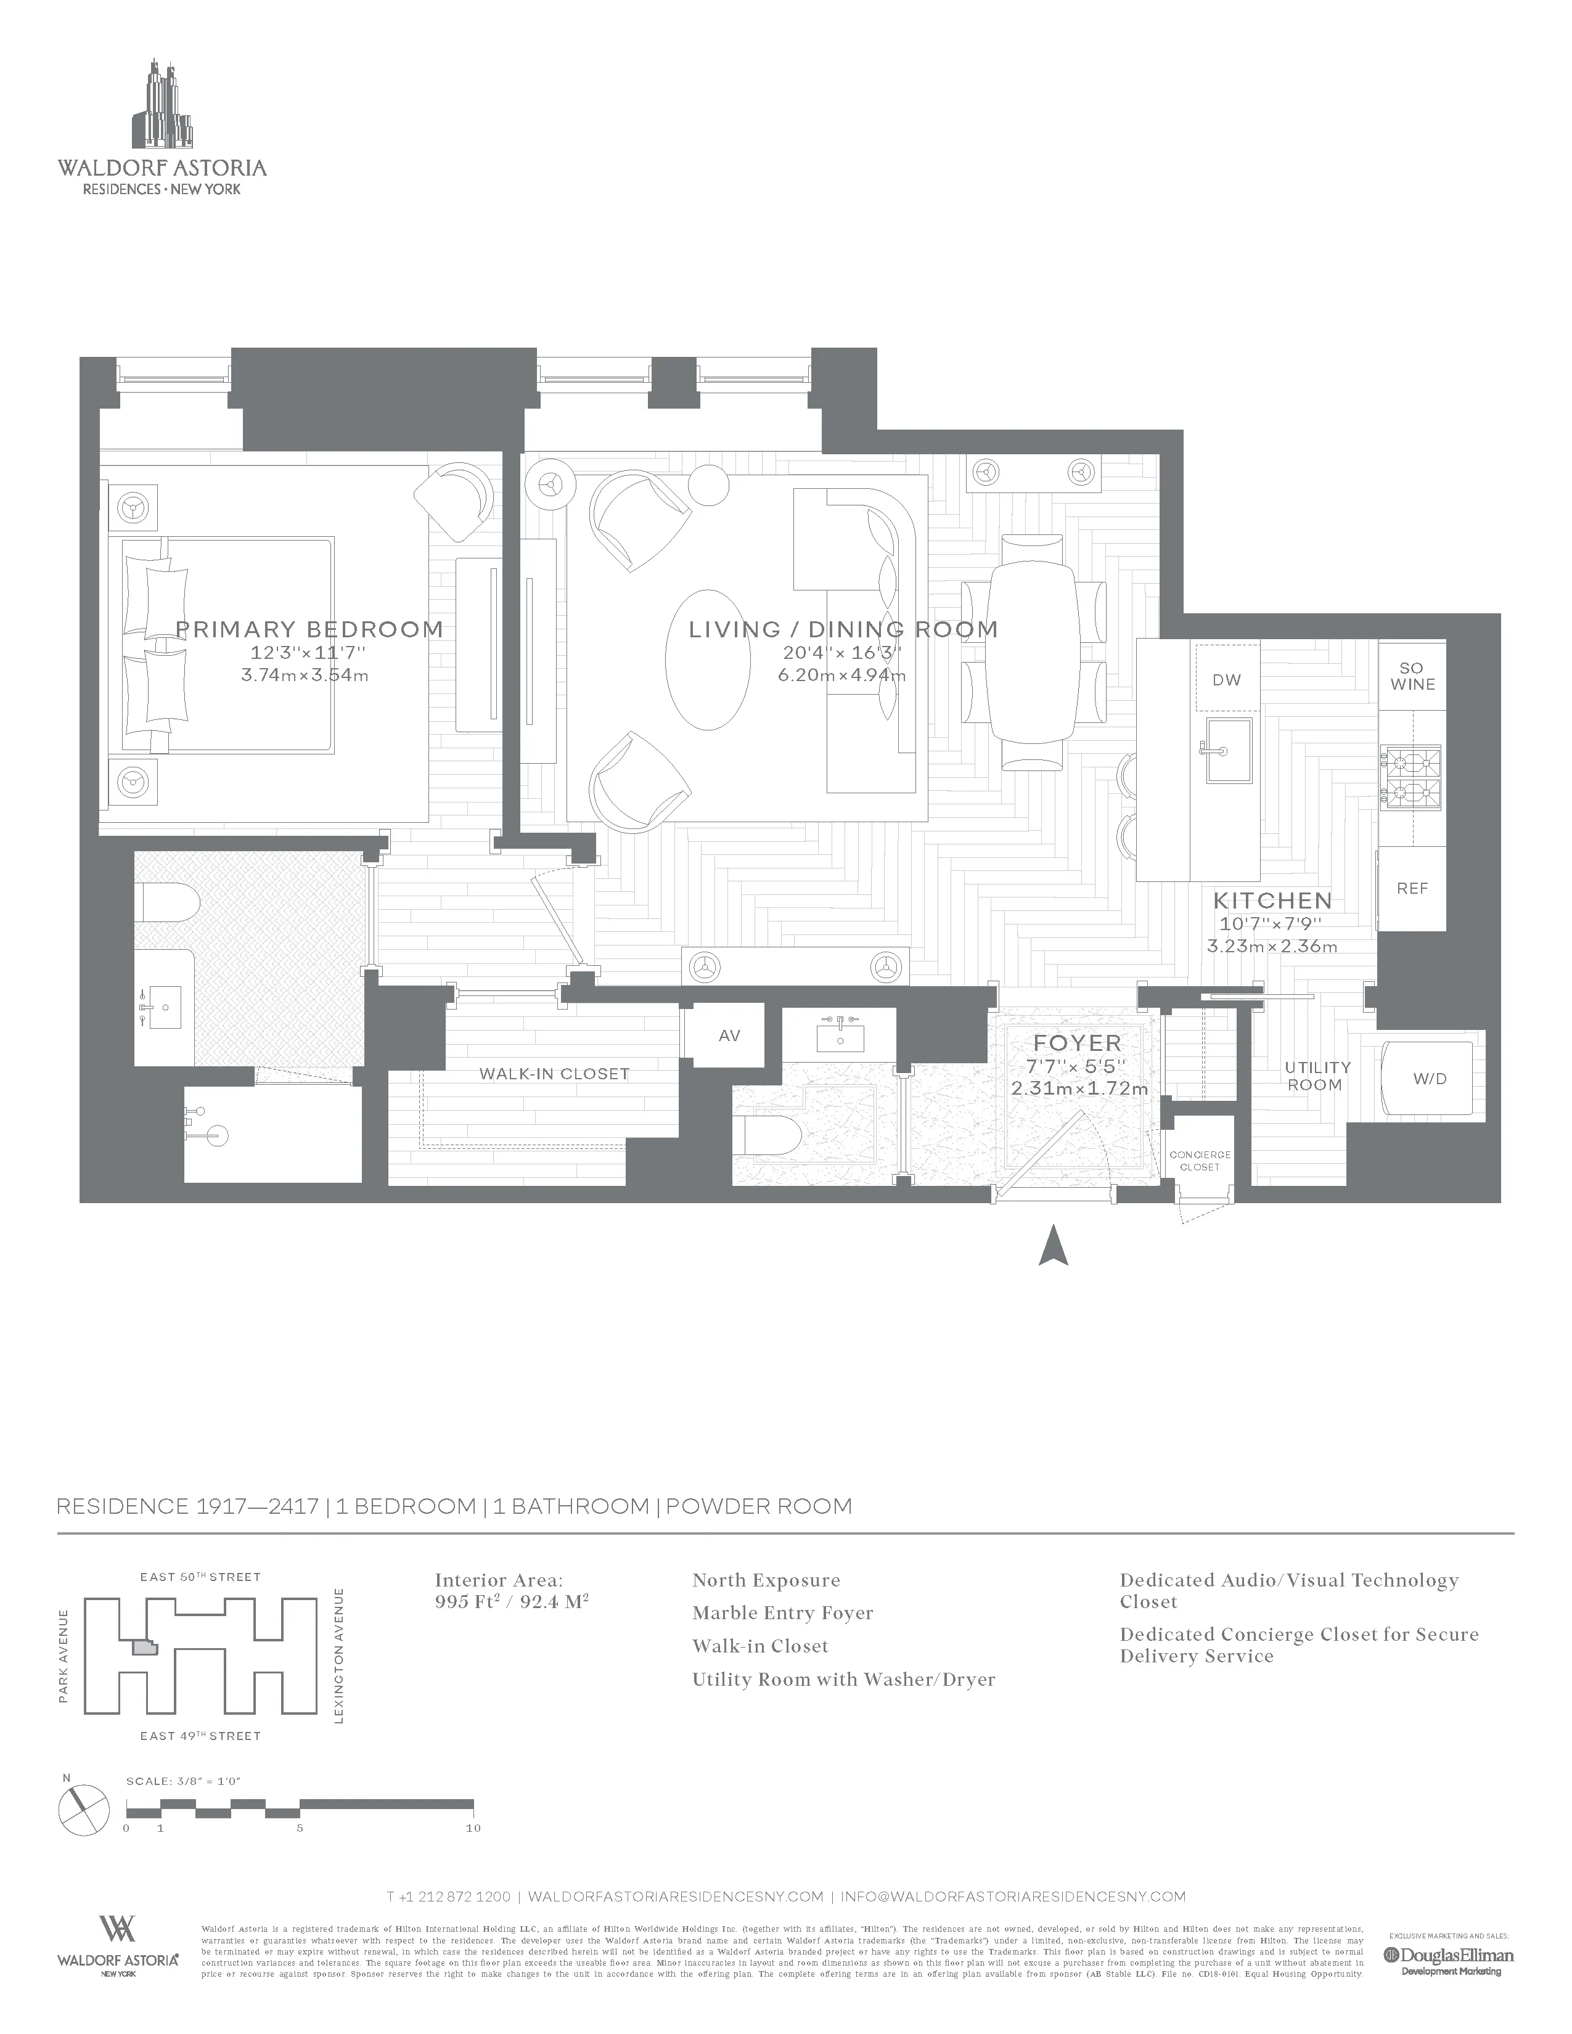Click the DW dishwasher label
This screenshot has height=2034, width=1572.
pyautogui.click(x=1227, y=680)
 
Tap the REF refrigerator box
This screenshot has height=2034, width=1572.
pyautogui.click(x=1412, y=888)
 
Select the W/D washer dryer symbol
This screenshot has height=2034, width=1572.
pyautogui.click(x=1430, y=1079)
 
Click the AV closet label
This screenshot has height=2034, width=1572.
pyautogui.click(x=729, y=1035)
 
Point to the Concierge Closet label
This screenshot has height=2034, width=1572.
pyautogui.click(x=1200, y=1161)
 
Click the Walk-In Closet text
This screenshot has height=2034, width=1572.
pyautogui.click(x=554, y=1074)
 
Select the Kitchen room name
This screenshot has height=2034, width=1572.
pyautogui.click(x=1272, y=901)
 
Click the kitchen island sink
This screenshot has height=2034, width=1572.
pyautogui.click(x=1229, y=749)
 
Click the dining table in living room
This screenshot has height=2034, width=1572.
pyautogui.click(x=1033, y=652)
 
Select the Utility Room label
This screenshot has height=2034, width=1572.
pyautogui.click(x=1317, y=1076)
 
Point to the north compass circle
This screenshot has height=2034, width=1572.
pyautogui.click(x=84, y=1810)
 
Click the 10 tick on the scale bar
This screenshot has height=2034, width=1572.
pyautogui.click(x=473, y=1828)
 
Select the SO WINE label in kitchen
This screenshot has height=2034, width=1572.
pyautogui.click(x=1412, y=676)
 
